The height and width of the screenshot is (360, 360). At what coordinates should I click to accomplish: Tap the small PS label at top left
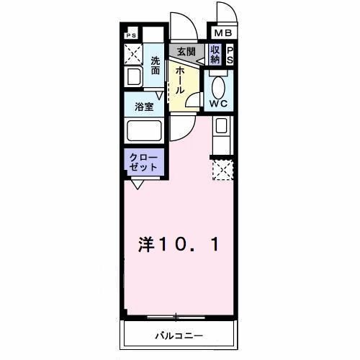point(131,35)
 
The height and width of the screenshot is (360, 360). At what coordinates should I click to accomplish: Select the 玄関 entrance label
point(186,52)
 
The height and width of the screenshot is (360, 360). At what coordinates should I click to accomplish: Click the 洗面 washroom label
point(156,65)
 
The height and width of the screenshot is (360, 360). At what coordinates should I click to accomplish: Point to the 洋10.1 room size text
point(176,245)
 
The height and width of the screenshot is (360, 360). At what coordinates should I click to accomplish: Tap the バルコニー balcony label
point(179,336)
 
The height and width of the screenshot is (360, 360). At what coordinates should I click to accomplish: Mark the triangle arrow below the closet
point(136,184)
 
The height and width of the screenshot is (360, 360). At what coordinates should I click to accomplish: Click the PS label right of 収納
point(230,55)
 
